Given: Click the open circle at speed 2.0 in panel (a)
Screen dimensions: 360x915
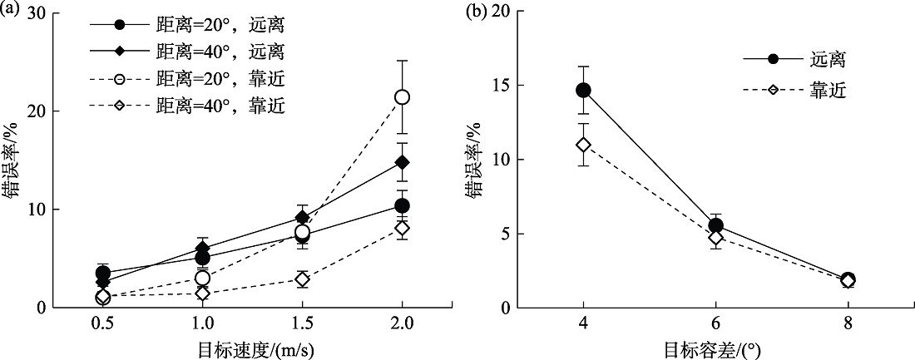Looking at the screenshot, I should [402, 97].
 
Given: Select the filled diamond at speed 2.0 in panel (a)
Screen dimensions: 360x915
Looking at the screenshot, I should [402, 162].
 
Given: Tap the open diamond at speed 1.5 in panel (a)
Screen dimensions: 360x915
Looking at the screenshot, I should [302, 279].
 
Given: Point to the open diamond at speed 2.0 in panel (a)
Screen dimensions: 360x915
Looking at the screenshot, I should [402, 228].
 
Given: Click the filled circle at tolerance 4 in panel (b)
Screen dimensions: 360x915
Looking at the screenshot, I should [583, 90].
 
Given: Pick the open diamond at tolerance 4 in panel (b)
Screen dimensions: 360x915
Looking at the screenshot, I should [583, 145].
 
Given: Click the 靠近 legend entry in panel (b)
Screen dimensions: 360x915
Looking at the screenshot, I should [827, 90].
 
